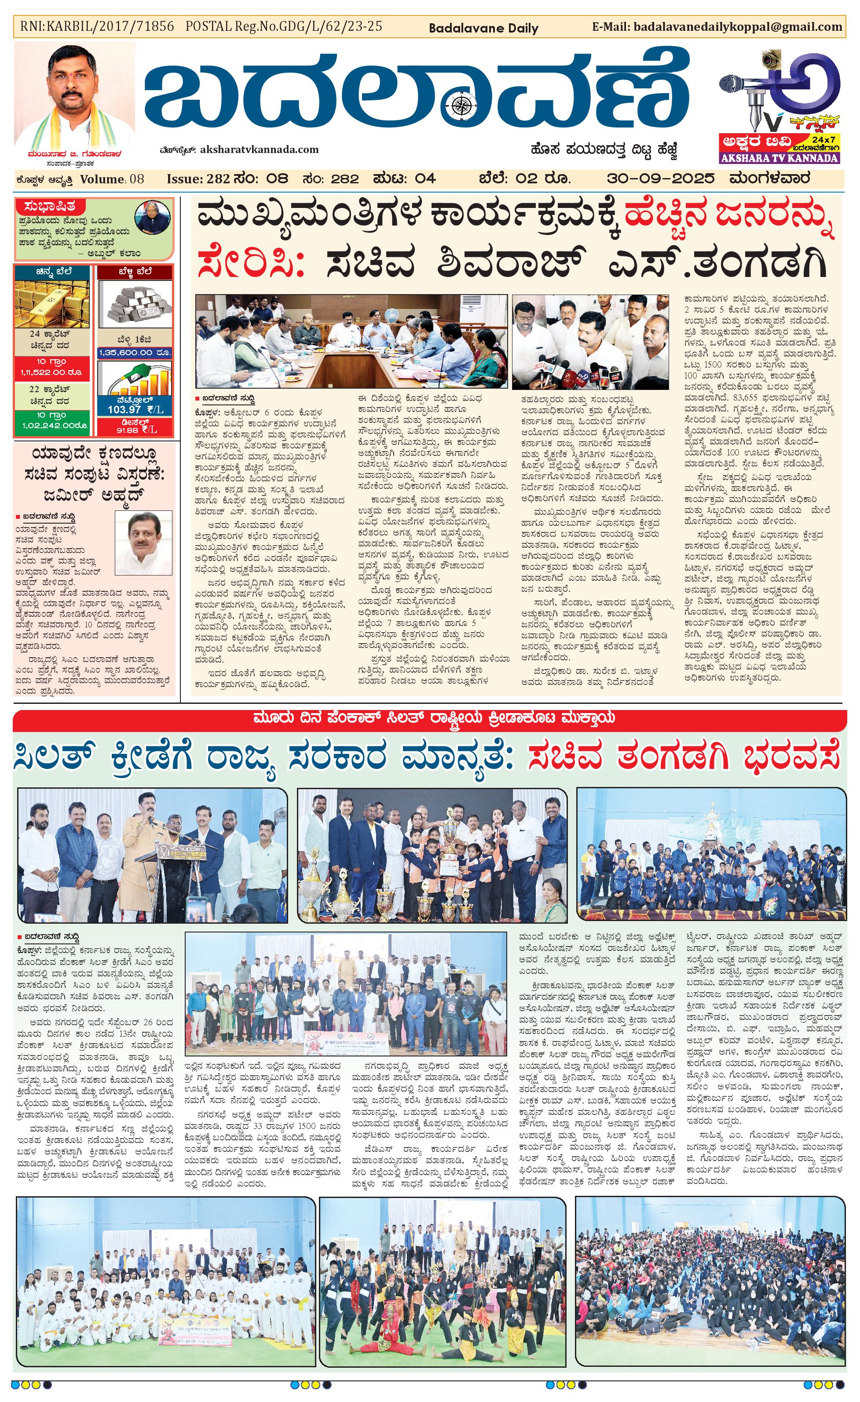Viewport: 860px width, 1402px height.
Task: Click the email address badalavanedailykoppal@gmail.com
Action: coord(737,27)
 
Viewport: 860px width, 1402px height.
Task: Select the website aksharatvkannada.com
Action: coord(260,149)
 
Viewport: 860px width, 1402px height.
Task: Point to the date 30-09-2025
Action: coord(661,178)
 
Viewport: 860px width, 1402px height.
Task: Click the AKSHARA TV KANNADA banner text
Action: coord(779,158)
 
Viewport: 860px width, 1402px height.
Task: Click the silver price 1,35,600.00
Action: coord(135,353)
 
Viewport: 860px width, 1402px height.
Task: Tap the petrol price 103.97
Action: coord(124,409)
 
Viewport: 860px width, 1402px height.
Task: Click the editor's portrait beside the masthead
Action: coord(74,94)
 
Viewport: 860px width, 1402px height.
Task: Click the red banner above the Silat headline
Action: coord(430,717)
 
